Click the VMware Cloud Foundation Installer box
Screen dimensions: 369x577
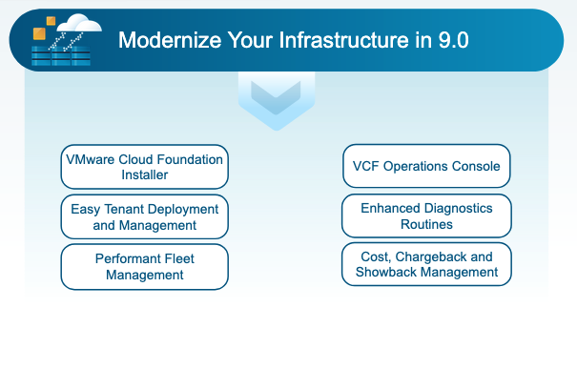144,168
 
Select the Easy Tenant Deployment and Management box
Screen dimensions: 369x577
144,217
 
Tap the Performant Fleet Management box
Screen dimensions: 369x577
144,267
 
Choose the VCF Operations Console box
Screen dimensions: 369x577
426,166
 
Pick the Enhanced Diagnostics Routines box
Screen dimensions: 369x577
426,215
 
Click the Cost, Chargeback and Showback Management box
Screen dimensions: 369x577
426,264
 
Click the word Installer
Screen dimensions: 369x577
144,175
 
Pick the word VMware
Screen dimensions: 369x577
89,160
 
